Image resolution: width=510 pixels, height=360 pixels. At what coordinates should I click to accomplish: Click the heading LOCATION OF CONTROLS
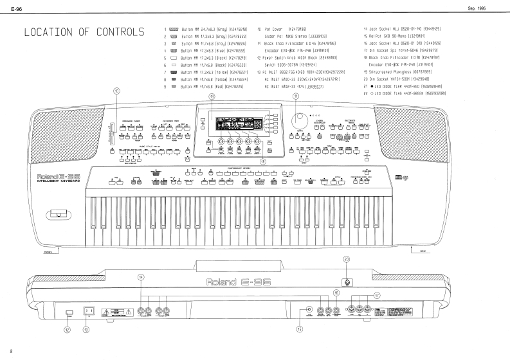coord(84,32)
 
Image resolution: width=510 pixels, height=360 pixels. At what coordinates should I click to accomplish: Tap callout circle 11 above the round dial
coord(296,96)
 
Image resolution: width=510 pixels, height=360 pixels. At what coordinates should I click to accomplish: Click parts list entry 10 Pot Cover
coord(286,30)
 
